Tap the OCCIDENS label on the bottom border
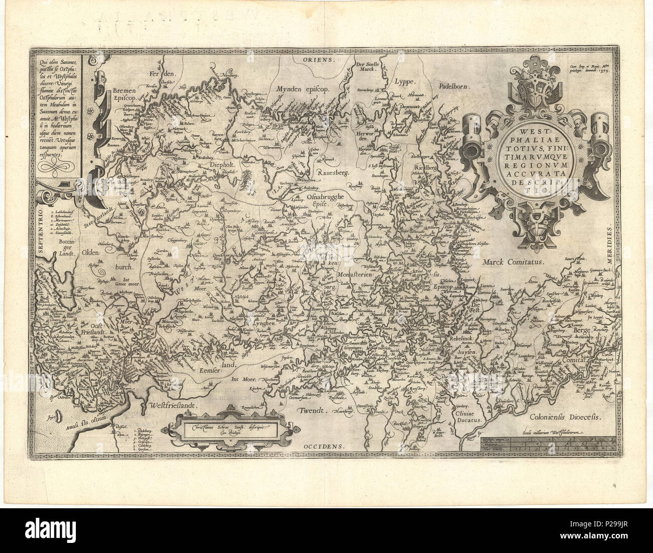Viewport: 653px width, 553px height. click(321, 446)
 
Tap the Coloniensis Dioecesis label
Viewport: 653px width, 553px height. click(567, 417)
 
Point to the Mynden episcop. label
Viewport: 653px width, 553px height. click(301, 89)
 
